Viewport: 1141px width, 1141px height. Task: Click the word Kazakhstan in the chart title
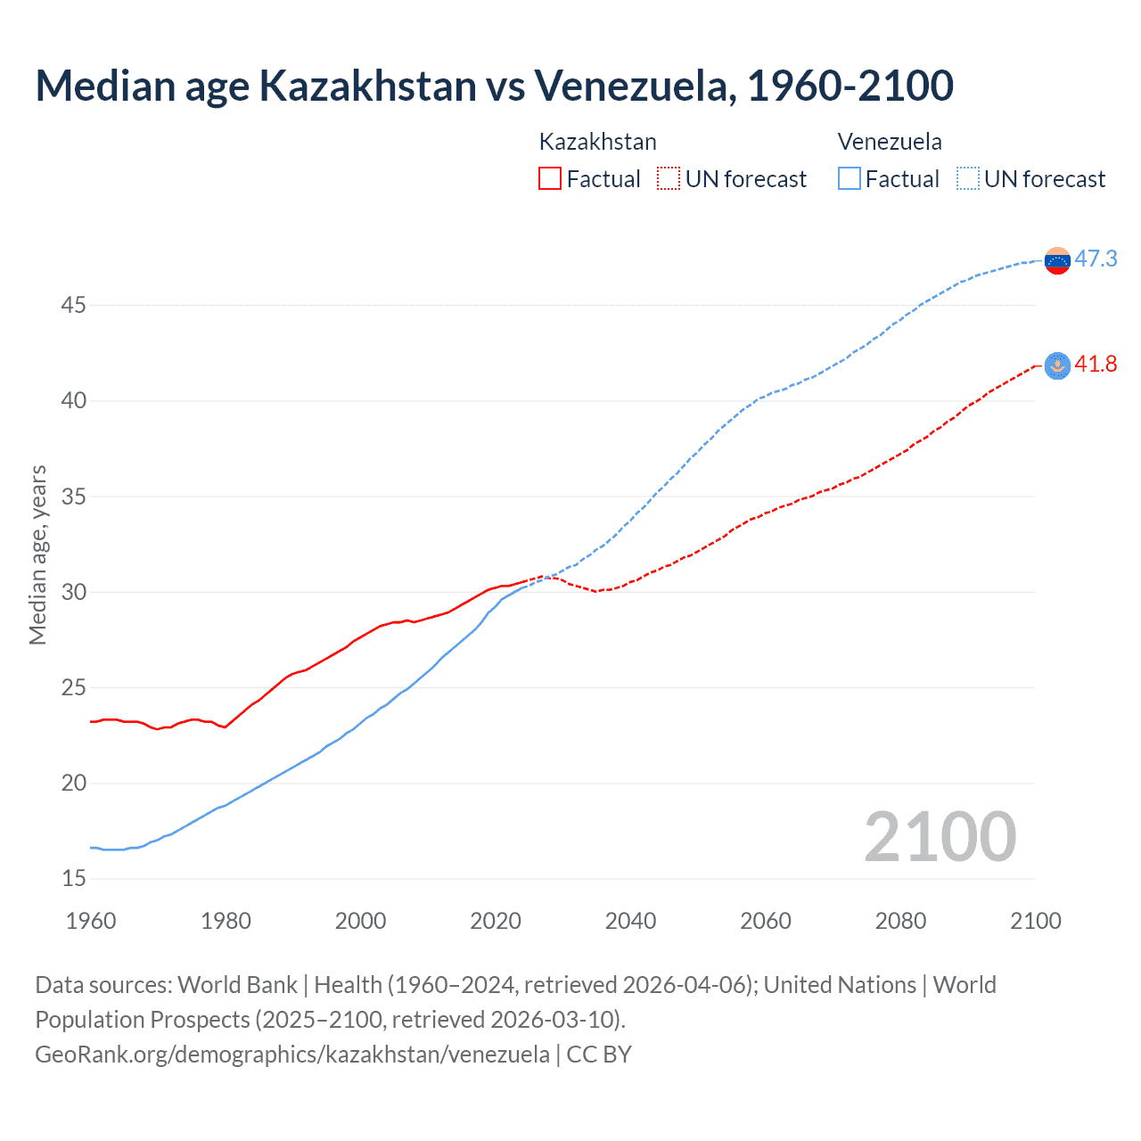367,86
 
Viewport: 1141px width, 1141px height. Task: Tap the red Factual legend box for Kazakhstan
550,178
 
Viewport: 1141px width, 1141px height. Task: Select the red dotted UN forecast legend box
669,178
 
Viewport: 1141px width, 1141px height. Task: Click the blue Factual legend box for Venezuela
850,178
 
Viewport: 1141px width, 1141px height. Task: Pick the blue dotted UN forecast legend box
968,178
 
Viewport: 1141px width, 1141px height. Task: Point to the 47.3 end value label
1096,259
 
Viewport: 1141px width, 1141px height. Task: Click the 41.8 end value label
1096,364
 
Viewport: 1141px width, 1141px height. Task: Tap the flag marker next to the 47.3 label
1057,260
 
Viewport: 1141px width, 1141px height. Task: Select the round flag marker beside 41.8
1057,365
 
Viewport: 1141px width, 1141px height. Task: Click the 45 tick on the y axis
73,306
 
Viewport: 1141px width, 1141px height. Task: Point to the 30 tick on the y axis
73,593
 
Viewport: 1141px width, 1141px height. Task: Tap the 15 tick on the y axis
73,879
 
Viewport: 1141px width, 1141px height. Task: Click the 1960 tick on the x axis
91,921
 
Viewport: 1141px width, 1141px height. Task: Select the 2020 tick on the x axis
496,921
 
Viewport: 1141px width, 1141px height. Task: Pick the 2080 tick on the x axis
900,921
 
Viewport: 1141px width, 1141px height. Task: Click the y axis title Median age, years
37,554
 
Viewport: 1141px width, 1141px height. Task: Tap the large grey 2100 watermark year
940,836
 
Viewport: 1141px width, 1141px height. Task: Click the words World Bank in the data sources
237,985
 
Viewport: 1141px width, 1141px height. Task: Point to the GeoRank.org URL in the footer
292,1055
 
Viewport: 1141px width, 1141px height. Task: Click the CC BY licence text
599,1055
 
